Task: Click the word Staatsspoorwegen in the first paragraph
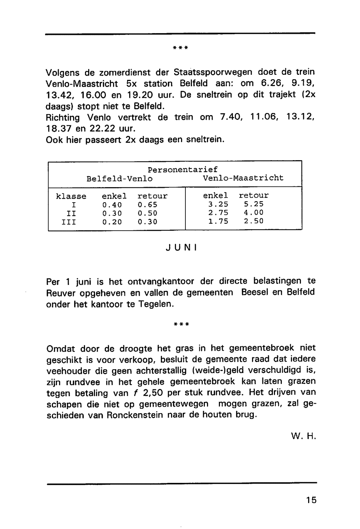[213, 72]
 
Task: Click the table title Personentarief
[183, 169]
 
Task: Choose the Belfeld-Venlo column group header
[120, 179]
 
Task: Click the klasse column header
[71, 196]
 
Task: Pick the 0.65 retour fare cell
[148, 205]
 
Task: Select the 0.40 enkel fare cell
[112, 205]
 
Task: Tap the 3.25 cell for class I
[218, 204]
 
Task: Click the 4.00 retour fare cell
[253, 213]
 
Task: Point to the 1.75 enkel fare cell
[218, 221]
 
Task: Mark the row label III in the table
[69, 222]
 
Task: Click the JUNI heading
[181, 248]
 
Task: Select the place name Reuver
[61, 293]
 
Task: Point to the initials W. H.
[303, 437]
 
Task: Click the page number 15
[311, 500]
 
